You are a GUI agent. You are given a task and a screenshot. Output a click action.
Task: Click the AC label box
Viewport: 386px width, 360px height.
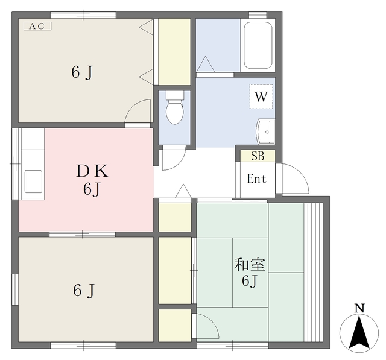(37, 26)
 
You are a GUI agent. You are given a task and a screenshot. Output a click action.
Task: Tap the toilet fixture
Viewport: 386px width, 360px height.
(175, 107)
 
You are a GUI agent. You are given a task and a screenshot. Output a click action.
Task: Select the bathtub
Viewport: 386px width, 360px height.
(258, 45)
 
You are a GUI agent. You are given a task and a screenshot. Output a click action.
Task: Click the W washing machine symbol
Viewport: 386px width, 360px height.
(261, 96)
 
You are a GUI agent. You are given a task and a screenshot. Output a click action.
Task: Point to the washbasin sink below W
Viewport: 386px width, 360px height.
(265, 131)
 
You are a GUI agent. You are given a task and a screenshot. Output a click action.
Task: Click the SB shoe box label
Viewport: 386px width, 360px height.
(258, 156)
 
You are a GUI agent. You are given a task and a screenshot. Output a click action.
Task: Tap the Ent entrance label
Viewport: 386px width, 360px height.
(256, 178)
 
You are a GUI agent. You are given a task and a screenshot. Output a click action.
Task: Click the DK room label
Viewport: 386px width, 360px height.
(92, 171)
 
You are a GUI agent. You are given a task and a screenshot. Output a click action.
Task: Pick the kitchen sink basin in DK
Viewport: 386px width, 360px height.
(33, 182)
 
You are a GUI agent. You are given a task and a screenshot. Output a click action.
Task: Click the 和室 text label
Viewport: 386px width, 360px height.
(249, 265)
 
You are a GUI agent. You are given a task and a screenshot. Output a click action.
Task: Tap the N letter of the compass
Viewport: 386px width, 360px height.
(359, 308)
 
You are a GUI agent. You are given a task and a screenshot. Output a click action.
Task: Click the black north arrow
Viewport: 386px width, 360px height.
(359, 333)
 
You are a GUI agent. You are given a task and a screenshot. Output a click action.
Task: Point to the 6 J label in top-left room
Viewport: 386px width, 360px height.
(82, 72)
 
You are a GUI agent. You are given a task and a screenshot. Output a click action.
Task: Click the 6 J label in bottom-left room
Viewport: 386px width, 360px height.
(84, 291)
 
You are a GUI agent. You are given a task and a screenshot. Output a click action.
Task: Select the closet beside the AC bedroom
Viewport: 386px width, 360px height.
(174, 52)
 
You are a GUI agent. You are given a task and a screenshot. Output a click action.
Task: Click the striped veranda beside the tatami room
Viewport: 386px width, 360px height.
(313, 272)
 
